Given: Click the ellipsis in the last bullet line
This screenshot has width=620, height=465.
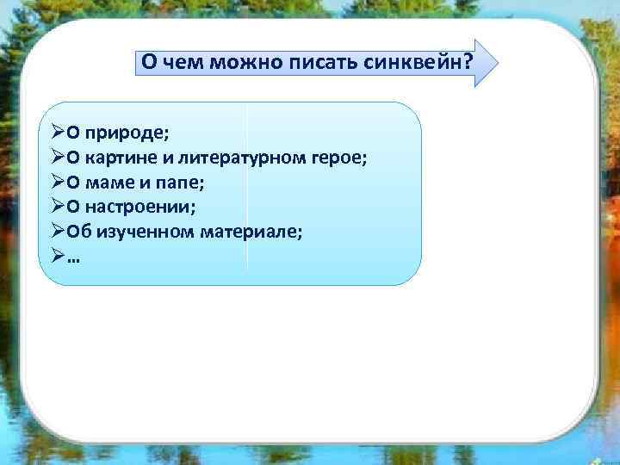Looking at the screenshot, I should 70,256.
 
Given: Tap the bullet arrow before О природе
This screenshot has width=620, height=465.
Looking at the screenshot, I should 56,133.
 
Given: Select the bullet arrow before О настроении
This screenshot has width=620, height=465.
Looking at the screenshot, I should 56,207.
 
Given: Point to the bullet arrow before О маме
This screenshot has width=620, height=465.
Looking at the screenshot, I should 56,183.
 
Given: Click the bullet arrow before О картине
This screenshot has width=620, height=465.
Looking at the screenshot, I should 56,158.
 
